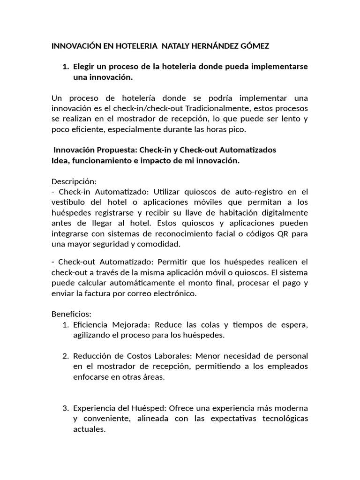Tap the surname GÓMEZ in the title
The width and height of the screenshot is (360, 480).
(x=254, y=47)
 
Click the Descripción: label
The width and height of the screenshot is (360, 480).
(x=74, y=181)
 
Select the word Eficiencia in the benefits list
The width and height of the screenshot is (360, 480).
(x=91, y=325)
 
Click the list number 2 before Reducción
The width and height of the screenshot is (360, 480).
(x=65, y=357)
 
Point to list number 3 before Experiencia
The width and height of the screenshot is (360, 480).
(x=65, y=408)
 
